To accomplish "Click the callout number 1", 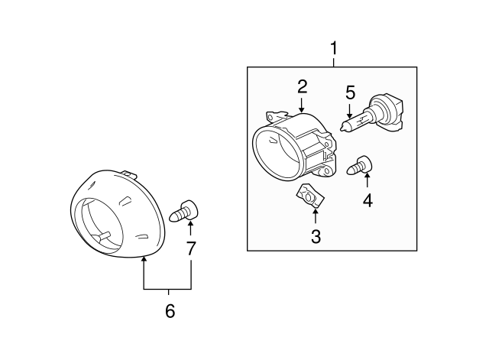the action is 334,48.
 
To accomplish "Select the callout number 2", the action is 303,86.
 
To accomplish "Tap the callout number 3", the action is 316,236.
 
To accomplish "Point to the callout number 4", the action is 368,200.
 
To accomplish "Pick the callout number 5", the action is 350,92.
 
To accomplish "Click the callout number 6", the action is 170,311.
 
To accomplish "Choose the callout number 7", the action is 191,248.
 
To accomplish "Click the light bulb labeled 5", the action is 372,115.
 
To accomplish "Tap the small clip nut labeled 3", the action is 310,196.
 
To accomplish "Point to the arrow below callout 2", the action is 301,105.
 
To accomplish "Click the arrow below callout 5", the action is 350,111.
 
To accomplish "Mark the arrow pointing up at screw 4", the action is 367,180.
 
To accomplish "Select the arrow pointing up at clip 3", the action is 316,216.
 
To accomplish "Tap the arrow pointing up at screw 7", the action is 190,228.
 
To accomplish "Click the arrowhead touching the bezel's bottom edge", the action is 144,259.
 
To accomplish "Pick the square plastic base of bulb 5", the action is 393,112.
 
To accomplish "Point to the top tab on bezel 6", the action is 129,174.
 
